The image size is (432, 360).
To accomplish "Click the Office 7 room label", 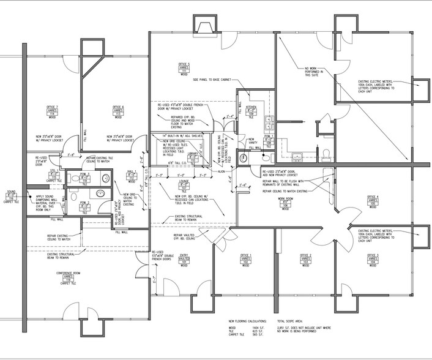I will click(51, 111).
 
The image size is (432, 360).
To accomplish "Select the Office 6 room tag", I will click(119, 111).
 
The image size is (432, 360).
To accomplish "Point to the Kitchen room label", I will click(251, 110).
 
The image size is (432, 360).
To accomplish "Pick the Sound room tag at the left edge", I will click(11, 195).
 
